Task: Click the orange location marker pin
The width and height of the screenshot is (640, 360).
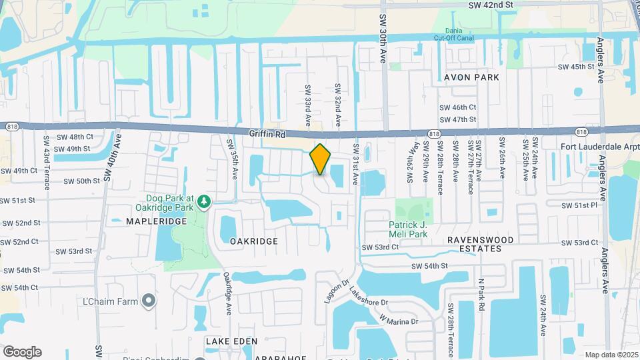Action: tap(321, 159)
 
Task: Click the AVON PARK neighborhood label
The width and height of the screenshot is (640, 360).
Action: tap(471, 77)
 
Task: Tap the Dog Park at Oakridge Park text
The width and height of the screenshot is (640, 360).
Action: tap(170, 203)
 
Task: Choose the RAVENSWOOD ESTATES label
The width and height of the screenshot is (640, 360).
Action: tap(480, 243)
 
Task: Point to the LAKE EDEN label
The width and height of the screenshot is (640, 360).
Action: tap(231, 341)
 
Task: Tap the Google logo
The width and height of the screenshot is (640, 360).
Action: tap(22, 352)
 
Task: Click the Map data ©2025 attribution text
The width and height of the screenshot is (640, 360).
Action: tap(610, 355)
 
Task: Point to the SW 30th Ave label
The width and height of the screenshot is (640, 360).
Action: tap(383, 31)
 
